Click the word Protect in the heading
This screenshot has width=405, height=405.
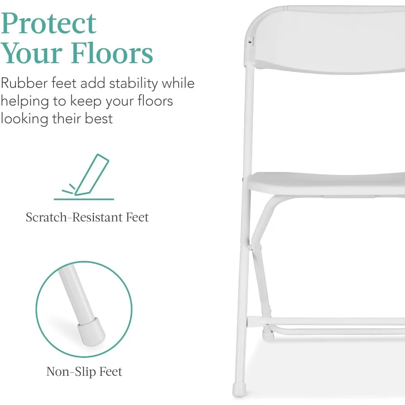point(49,23)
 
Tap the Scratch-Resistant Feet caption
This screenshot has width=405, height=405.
point(87,217)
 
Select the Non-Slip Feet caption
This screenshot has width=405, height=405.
point(84,371)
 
